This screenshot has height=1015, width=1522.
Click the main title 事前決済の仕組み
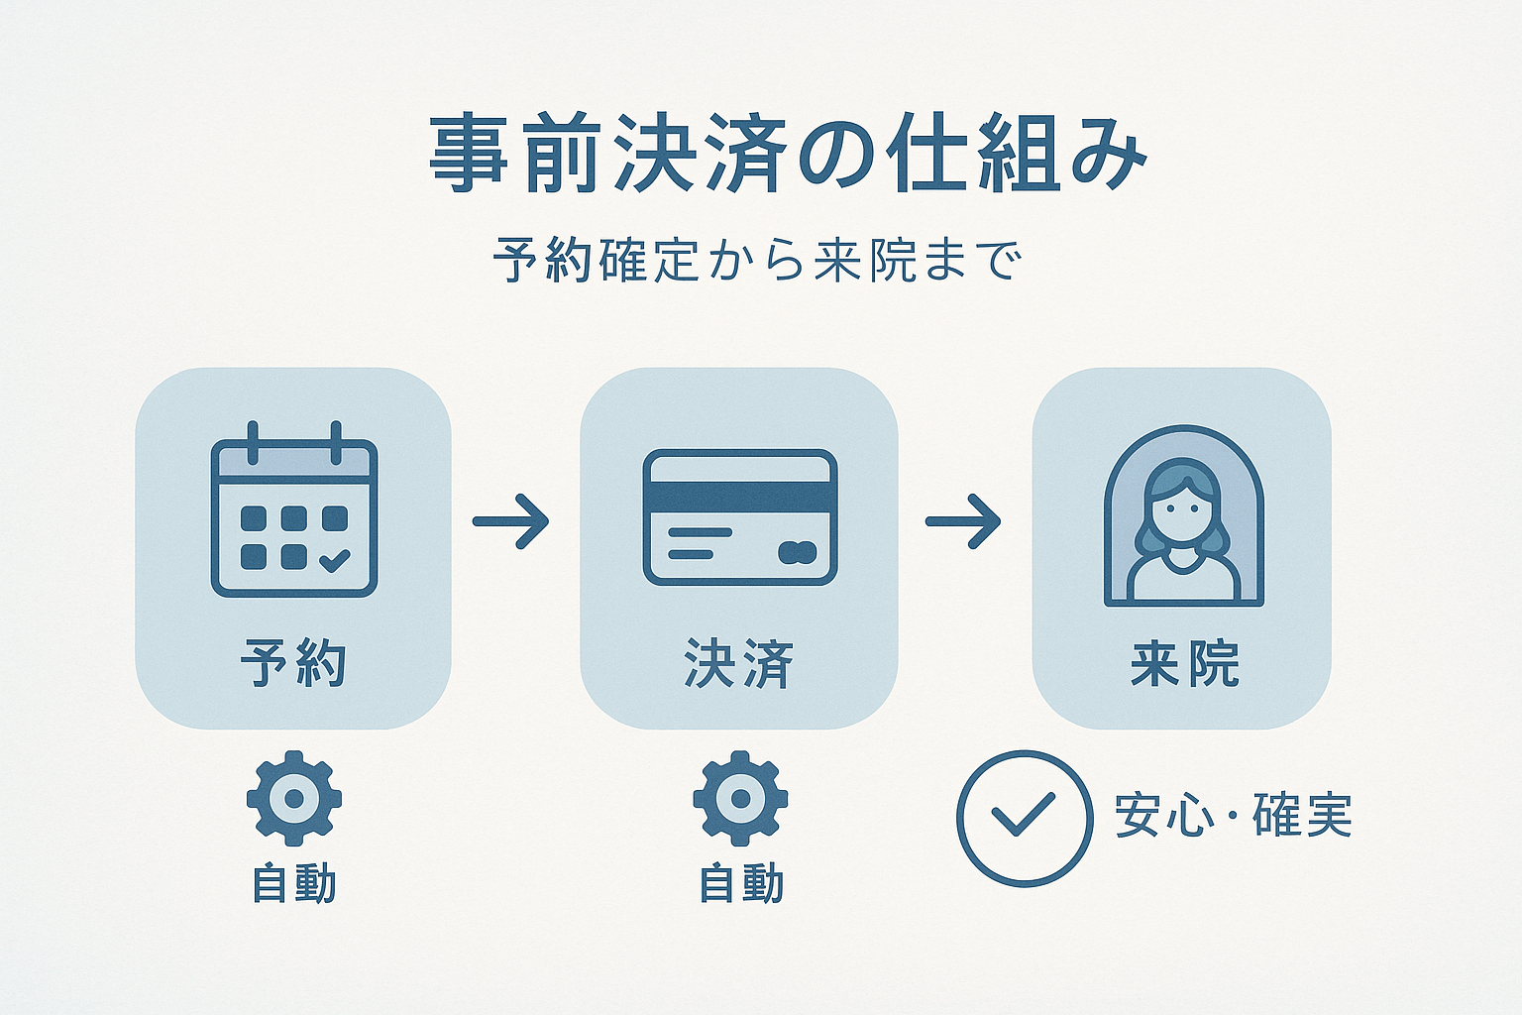click(788, 155)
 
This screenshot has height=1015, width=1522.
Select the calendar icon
click(294, 509)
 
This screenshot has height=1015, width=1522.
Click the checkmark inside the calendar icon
click(335, 559)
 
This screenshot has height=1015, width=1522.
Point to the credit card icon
click(740, 516)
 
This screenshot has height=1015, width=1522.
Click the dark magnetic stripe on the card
click(740, 497)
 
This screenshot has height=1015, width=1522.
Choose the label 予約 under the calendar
click(293, 662)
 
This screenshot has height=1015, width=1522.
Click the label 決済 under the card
click(738, 663)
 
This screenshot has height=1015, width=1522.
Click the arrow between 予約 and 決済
click(510, 521)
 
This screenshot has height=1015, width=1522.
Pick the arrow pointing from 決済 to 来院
click(963, 521)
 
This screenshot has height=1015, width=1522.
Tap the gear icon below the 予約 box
click(294, 798)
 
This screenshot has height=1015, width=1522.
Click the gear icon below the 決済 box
click(740, 798)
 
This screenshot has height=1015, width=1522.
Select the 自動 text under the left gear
click(294, 884)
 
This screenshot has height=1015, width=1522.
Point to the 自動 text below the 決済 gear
click(741, 884)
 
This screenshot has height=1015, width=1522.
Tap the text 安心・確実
click(1234, 815)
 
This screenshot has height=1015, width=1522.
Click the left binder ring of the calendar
click(253, 442)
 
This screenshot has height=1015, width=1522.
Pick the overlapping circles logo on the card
click(798, 553)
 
